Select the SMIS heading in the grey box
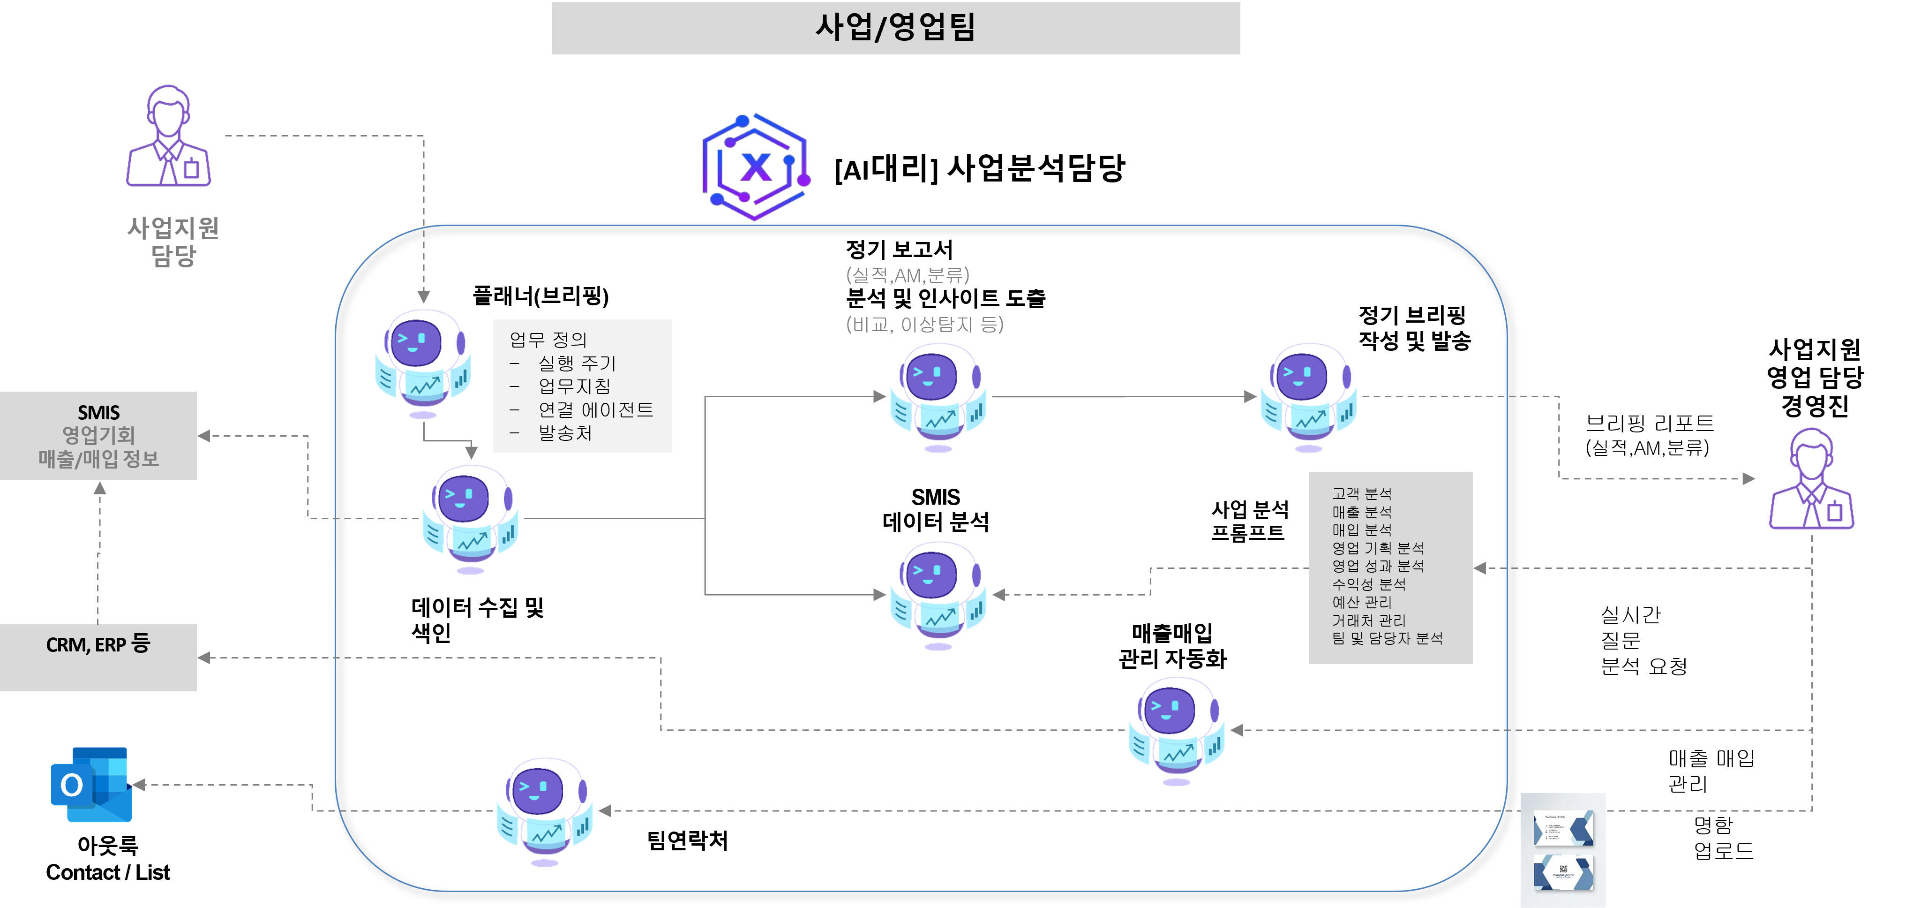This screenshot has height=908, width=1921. point(98,413)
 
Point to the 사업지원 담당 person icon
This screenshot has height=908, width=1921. point(169,136)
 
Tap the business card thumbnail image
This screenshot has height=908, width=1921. point(1563,851)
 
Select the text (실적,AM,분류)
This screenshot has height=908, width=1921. point(908,275)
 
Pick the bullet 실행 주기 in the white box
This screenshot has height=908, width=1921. point(577,363)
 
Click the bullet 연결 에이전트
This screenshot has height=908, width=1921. point(595,409)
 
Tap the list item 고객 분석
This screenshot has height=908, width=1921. point(1362,494)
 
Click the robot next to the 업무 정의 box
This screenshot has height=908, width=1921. point(423,362)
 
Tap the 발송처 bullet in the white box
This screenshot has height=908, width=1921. point(565,433)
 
